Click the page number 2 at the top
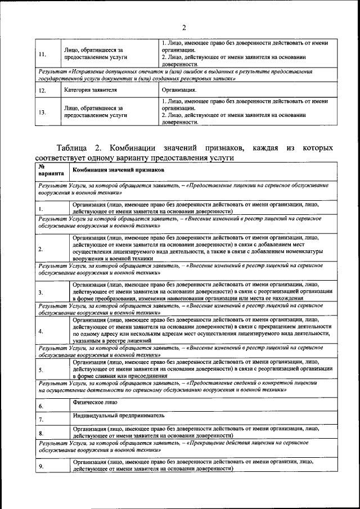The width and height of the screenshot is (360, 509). point(183,28)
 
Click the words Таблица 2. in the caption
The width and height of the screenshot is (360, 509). point(78,148)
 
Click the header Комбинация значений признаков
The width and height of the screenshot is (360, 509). point(119,169)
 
